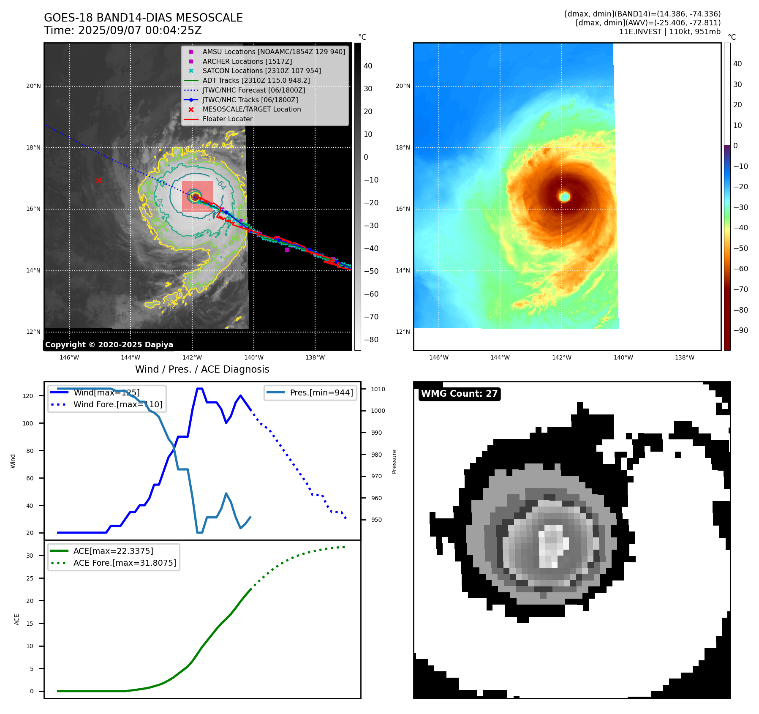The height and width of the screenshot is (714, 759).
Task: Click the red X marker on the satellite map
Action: [x=98, y=180]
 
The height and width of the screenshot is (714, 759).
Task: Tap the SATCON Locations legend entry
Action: [x=261, y=71]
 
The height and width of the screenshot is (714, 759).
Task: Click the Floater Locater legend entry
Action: [x=227, y=119]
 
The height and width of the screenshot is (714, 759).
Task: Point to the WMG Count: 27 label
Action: [x=459, y=394]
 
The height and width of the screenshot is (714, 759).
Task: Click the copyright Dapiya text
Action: [x=109, y=345]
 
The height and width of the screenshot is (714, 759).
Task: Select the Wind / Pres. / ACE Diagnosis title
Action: [x=202, y=369]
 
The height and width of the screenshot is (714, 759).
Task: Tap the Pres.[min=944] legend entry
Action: [x=321, y=392]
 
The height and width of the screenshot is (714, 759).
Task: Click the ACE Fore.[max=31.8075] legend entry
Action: [x=125, y=563]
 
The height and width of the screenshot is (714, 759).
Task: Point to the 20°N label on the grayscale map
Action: [x=34, y=86]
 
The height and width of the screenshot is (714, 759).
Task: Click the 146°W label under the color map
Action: [x=438, y=357]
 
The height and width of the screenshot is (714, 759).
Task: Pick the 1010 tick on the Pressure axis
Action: [x=378, y=389]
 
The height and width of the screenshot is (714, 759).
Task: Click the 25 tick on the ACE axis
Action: [x=30, y=578]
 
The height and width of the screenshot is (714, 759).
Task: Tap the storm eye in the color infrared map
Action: [x=565, y=196]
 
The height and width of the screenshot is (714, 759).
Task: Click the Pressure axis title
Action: [x=394, y=461]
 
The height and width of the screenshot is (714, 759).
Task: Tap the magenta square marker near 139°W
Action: [x=287, y=250]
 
